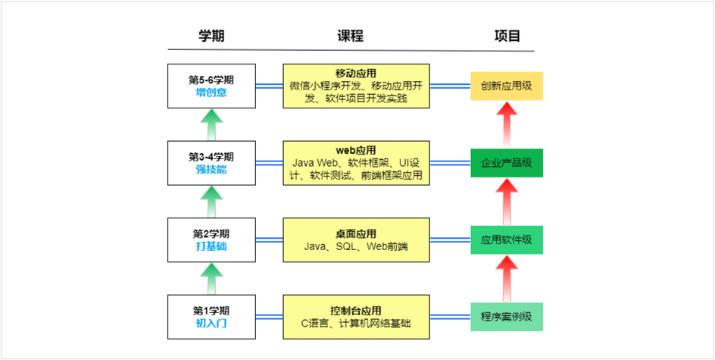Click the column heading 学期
211,36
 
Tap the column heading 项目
507,36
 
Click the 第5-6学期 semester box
211,86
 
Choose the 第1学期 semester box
211,317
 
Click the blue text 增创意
211,93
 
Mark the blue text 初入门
211,324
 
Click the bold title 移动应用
355,73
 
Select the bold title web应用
355,149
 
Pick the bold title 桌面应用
355,233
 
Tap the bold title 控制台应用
355,310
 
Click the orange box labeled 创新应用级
506,86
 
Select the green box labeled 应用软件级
506,240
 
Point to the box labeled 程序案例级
506,317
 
